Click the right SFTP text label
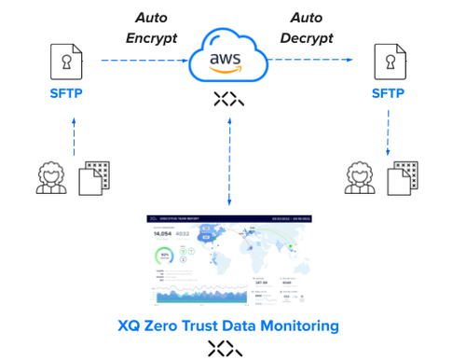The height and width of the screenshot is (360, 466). pyautogui.click(x=390, y=94)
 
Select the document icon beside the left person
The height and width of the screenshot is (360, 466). pyautogui.click(x=94, y=177)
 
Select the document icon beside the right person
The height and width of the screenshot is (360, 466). pyautogui.click(x=402, y=177)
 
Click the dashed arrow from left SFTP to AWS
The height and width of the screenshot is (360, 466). pyautogui.click(x=140, y=61)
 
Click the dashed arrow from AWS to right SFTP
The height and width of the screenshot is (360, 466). pyautogui.click(x=313, y=61)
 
